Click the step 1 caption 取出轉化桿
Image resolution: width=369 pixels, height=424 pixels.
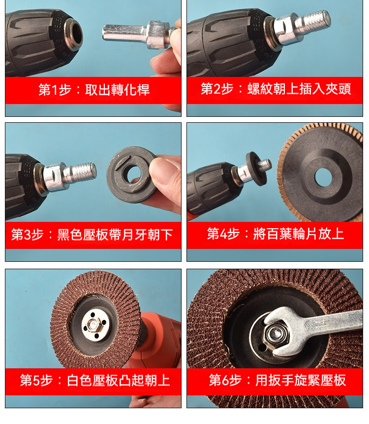point(117,90)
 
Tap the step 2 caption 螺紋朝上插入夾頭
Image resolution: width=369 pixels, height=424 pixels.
point(299,89)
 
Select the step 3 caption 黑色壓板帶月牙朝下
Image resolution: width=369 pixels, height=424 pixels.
point(115,235)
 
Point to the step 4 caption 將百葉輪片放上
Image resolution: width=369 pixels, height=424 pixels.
point(299,234)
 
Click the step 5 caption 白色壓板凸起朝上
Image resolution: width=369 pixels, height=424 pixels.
point(119,380)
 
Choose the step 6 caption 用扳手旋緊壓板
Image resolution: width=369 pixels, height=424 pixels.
point(301,380)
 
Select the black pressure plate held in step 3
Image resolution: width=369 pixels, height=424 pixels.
point(131,175)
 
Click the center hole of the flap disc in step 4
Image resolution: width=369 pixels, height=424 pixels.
point(323,177)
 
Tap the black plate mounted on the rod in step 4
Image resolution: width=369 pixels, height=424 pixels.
point(255,169)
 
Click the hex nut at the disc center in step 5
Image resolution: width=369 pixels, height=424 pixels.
point(93,325)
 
